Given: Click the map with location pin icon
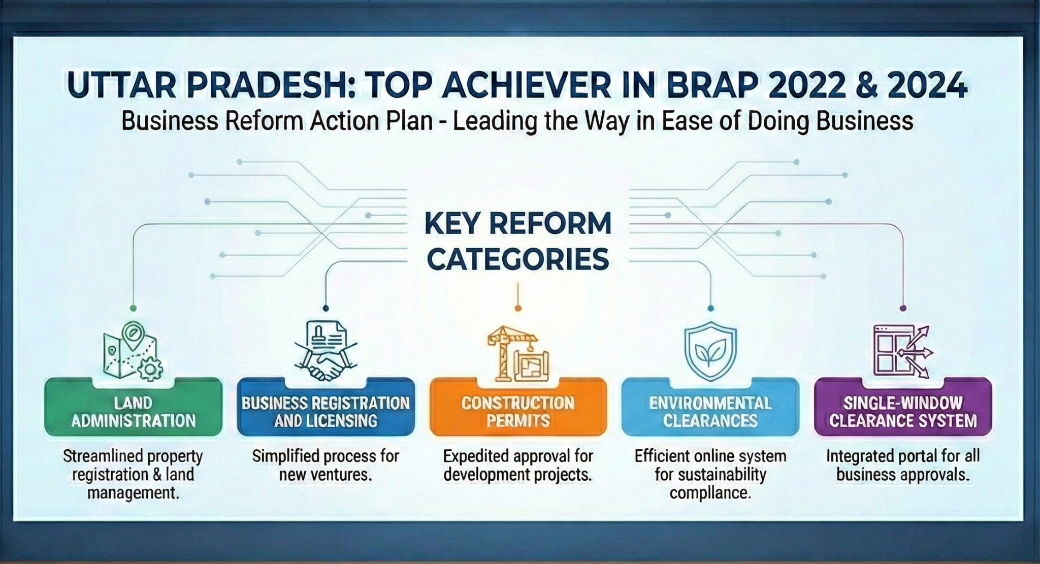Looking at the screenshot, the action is pos(133,351).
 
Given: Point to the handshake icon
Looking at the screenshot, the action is pos(326,351).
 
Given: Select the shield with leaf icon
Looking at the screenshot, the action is pos(710,351).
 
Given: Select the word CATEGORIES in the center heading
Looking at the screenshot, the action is pos(518,259).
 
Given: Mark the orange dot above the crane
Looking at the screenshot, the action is pos(518,308).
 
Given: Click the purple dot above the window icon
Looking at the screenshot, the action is pos(903,308).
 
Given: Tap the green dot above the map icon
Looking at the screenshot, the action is pos(133,308).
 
